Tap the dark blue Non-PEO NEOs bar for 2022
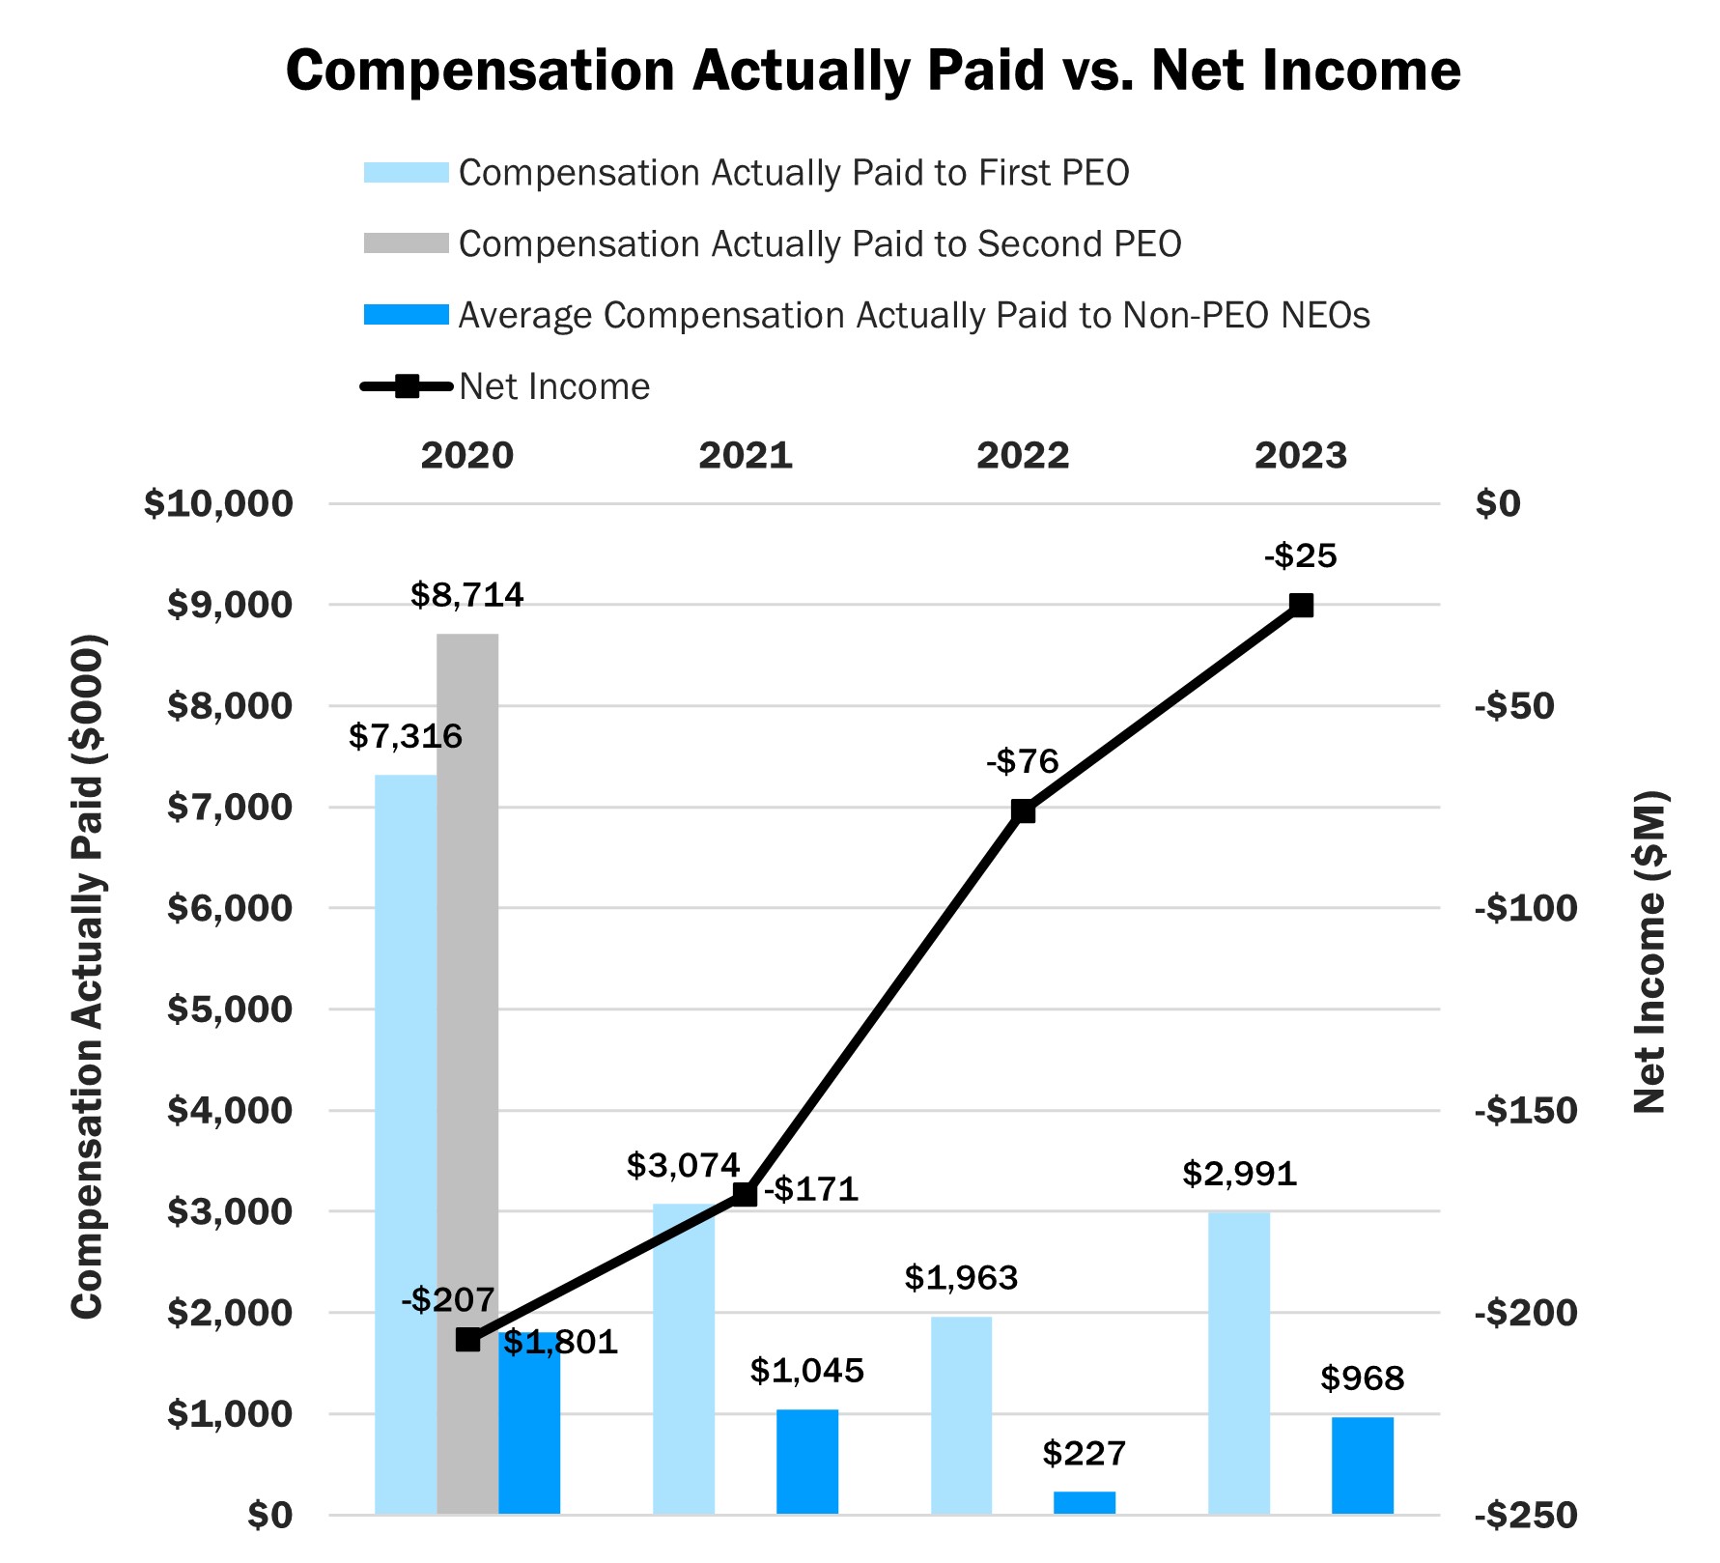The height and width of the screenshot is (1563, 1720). (x=1084, y=1502)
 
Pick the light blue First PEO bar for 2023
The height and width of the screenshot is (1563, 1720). (x=1239, y=1362)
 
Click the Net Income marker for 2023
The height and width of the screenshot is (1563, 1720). (x=1301, y=606)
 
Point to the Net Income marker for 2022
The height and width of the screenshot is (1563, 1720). (x=1023, y=810)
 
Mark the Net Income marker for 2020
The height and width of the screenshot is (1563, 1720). (x=467, y=1340)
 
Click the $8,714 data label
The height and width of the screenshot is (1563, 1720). (x=466, y=595)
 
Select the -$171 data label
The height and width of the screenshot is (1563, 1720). (x=811, y=1189)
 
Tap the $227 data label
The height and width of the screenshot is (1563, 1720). (x=1084, y=1453)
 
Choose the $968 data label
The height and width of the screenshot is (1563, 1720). (x=1362, y=1378)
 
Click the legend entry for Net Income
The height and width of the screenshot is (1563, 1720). (x=553, y=386)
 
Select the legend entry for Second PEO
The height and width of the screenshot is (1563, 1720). (x=819, y=244)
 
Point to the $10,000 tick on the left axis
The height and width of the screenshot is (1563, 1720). (x=218, y=503)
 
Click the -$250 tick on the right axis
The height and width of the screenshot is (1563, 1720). (x=1526, y=1515)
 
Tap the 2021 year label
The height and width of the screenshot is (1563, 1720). (x=745, y=455)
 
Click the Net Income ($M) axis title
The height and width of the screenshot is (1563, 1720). (x=1650, y=952)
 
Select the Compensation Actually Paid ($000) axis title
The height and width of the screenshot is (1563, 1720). (x=87, y=976)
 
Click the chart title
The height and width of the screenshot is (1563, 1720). (x=873, y=71)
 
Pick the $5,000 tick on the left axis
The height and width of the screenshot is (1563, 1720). (x=230, y=1009)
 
